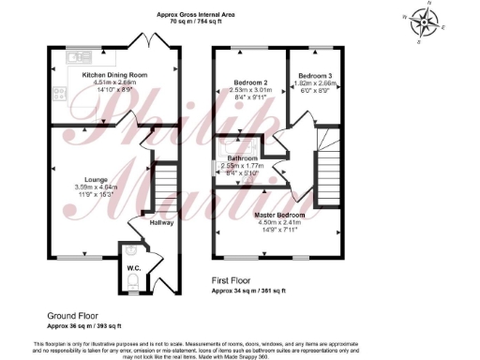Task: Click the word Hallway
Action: point(161,222)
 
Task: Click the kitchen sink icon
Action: point(76,56)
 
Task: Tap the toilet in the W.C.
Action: point(133,280)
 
